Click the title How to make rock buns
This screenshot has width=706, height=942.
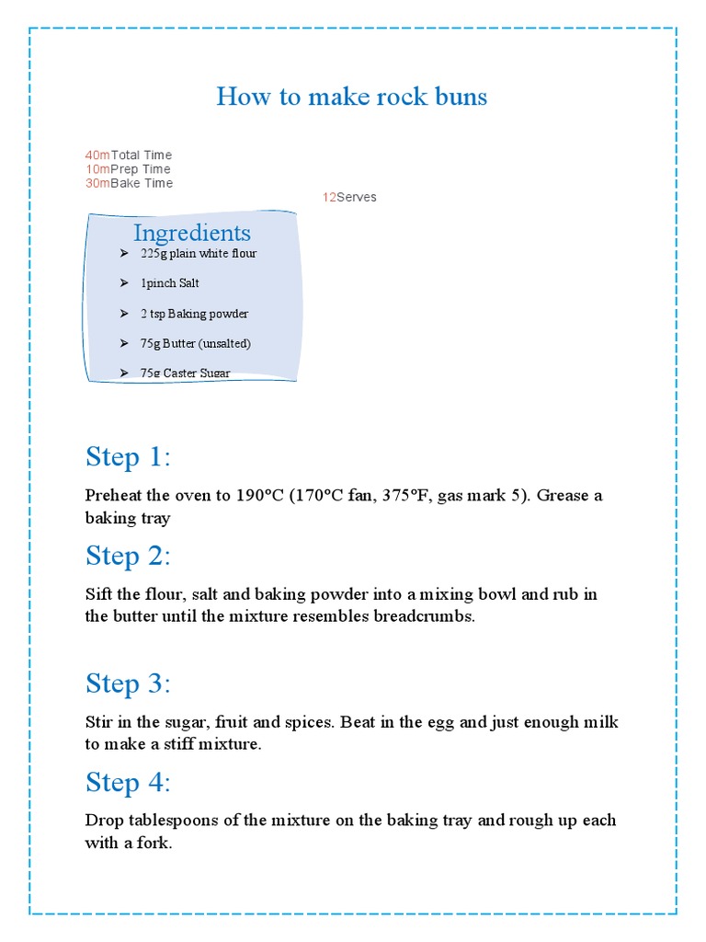(352, 97)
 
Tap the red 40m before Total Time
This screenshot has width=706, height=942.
(97, 155)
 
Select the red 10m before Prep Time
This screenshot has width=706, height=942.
(97, 169)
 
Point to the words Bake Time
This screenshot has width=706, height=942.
(142, 183)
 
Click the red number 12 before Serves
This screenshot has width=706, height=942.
(329, 198)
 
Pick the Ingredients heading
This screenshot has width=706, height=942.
(191, 232)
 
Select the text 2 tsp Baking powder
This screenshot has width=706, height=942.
(194, 314)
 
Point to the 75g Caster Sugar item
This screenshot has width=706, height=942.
(185, 373)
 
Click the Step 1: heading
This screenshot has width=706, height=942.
(128, 457)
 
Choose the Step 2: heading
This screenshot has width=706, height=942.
(128, 556)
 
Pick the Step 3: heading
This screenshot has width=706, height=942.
(128, 684)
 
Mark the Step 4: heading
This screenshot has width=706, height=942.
(128, 782)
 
